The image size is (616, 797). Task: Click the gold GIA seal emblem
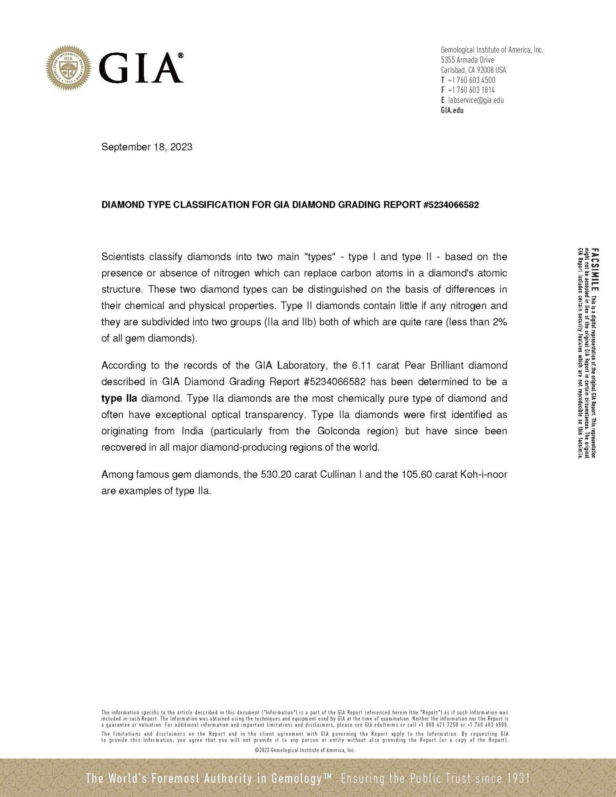(x=68, y=68)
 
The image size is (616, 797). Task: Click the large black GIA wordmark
(x=140, y=68)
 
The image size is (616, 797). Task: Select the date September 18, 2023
(x=147, y=147)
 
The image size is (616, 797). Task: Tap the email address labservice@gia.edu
(x=476, y=100)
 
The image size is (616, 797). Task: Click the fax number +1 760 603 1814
(x=471, y=90)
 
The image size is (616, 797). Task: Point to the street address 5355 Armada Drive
(x=467, y=60)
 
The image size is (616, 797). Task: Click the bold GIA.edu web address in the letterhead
(x=452, y=110)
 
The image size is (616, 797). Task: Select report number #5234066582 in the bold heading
(x=451, y=205)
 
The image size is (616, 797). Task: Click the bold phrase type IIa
(x=119, y=398)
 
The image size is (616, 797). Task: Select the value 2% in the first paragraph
(x=500, y=322)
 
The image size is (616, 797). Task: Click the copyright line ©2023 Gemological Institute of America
(x=305, y=750)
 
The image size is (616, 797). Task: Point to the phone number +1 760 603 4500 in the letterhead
(x=471, y=80)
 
